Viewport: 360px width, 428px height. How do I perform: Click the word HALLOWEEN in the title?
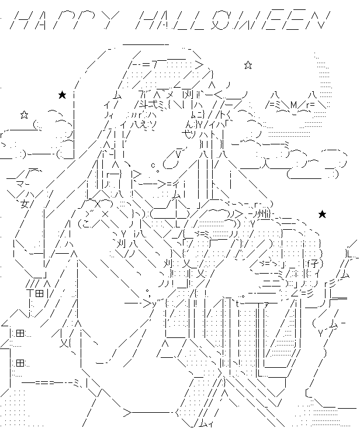pos(231,23)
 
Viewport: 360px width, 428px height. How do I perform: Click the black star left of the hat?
pos(62,95)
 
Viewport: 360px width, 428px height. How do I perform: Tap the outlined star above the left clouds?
pos(24,114)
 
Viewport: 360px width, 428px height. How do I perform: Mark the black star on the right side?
pos(321,215)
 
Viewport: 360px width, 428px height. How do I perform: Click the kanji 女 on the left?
pos(25,204)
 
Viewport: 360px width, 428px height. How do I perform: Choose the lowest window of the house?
pos(20,363)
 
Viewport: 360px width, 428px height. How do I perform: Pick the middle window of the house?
pos(20,333)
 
